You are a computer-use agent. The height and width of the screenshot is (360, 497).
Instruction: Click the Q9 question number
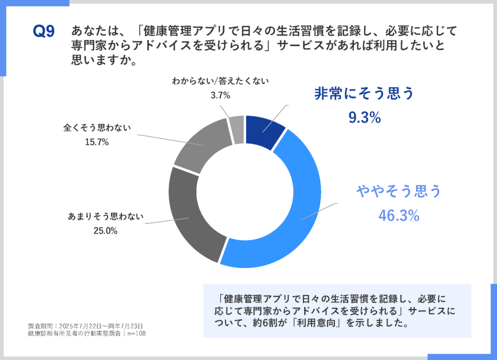point(43,31)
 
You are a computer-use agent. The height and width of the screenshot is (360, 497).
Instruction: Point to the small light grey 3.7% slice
point(237,129)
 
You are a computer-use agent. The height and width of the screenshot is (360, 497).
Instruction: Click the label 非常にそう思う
point(364,94)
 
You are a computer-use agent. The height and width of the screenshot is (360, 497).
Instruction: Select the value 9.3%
point(364,117)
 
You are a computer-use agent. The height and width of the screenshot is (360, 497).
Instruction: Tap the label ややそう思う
point(398,191)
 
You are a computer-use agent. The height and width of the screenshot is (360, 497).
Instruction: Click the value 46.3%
point(398,215)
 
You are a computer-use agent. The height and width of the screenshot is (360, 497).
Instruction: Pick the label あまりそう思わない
point(105,217)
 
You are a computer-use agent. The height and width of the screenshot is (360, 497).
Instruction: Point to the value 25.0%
point(105,231)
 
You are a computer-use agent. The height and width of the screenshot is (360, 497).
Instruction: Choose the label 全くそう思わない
point(97,128)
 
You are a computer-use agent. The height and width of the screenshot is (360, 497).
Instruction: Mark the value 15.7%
point(97,142)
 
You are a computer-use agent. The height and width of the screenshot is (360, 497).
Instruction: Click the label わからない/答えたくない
point(220,80)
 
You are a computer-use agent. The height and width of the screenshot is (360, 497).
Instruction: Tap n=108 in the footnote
point(135,333)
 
